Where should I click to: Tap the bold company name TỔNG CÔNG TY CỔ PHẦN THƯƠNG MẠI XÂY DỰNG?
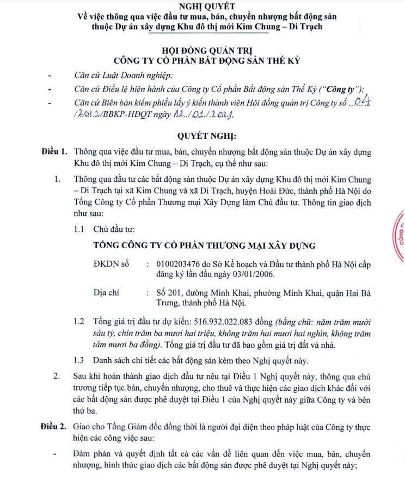204,246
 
